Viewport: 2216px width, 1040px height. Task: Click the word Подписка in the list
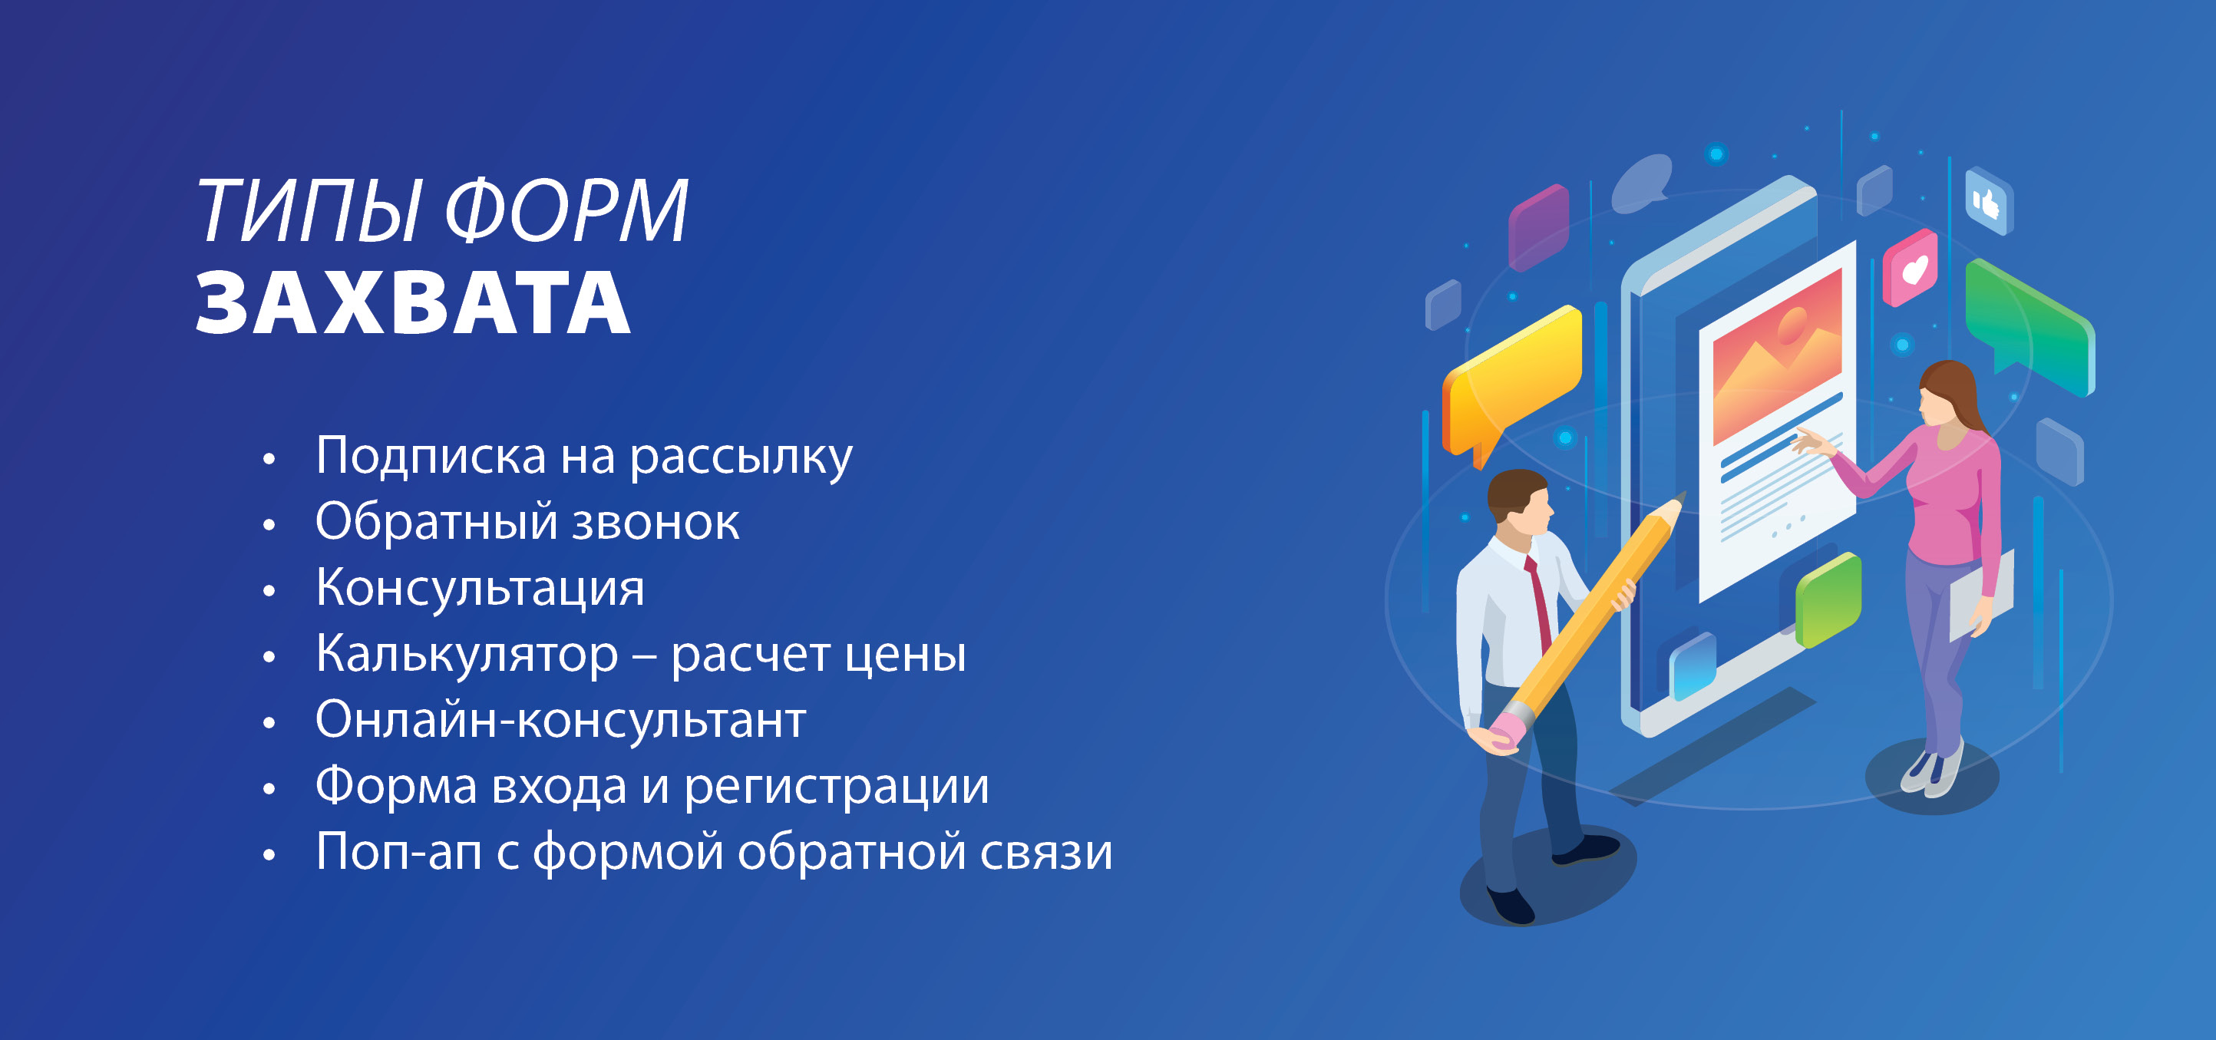tap(430, 456)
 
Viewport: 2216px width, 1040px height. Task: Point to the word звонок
tap(656, 523)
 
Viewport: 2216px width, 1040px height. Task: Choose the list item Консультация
tap(480, 589)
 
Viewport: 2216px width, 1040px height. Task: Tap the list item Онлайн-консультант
tap(561, 720)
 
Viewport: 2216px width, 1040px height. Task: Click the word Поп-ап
tap(398, 853)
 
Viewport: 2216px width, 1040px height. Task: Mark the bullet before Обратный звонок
tap(269, 524)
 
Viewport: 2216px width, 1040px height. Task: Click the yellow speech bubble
tap(1511, 383)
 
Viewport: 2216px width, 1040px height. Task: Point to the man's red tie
tap(1539, 603)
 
